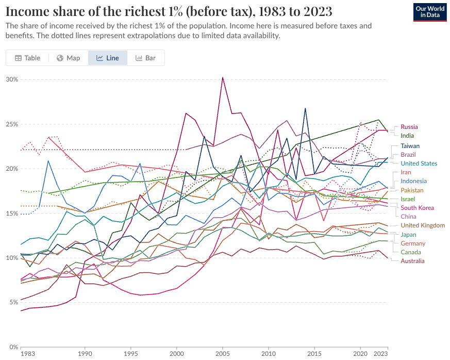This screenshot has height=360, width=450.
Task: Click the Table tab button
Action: coord(27,58)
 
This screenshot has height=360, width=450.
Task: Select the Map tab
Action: coord(68,58)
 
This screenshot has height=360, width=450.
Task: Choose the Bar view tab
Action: coord(145,58)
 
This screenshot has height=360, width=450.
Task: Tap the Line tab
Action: coord(108,58)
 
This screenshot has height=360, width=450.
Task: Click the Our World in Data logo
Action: coord(430,11)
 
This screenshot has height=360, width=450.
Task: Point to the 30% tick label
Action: coord(12,79)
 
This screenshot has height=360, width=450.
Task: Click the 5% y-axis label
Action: coord(13,302)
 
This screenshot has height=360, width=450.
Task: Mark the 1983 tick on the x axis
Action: coord(28,354)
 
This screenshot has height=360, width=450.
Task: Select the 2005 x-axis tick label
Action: coord(222,354)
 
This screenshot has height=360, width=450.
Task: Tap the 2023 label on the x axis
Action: coord(380,354)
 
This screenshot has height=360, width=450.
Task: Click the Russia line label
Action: coord(409,127)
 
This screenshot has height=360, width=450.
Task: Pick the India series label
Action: coord(408,136)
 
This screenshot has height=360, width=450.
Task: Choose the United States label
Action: coord(419,163)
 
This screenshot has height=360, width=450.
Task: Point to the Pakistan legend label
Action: coord(412,190)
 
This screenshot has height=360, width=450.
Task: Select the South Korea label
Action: coord(417,208)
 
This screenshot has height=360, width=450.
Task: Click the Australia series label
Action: coord(413,261)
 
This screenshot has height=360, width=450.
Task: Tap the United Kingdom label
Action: coord(423,225)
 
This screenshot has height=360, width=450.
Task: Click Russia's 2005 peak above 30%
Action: coord(222,77)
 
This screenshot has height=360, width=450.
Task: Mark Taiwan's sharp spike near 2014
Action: coord(305,108)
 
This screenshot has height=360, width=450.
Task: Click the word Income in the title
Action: coord(25,11)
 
